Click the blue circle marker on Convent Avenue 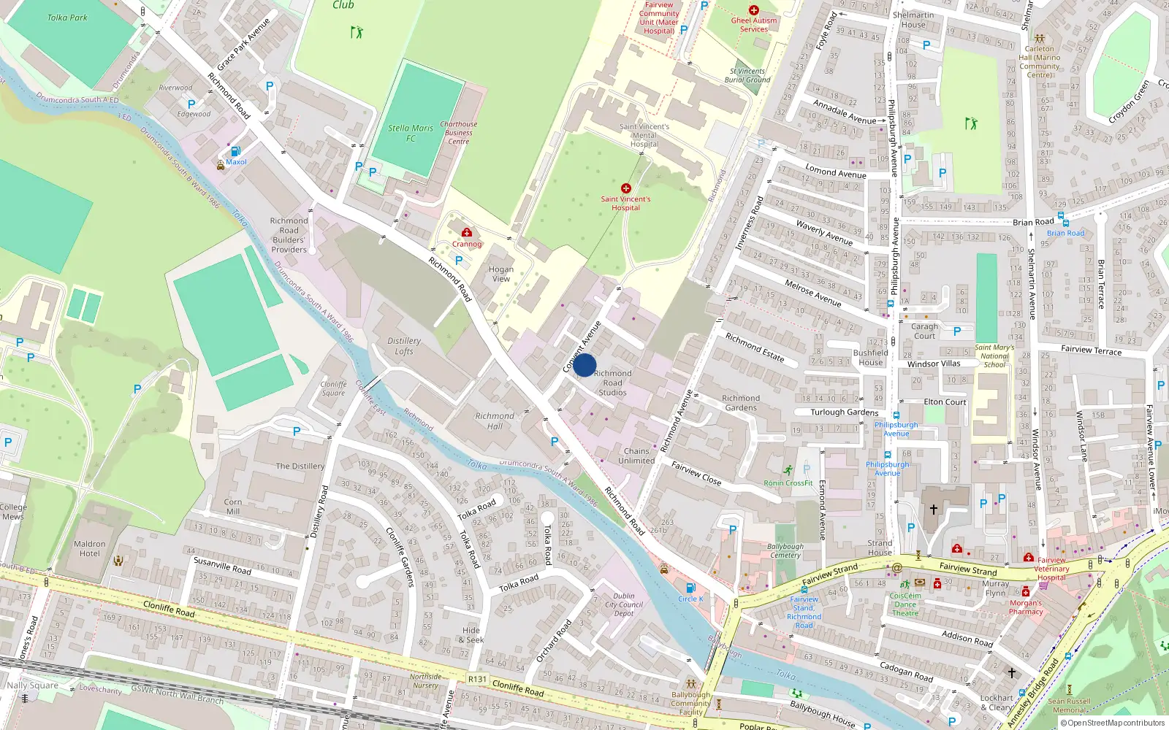(x=584, y=365)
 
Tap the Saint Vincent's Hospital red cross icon (x=625, y=188)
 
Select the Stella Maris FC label (x=410, y=133)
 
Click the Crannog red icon (x=467, y=233)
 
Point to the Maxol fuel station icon (x=235, y=151)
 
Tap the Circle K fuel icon (x=690, y=588)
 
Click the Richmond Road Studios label (x=612, y=383)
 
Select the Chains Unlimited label (x=636, y=456)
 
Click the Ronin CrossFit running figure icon (x=788, y=471)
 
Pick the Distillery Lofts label (x=404, y=346)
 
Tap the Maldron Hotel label (x=89, y=548)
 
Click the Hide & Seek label (x=471, y=635)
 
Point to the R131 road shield (x=477, y=679)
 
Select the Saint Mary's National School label (x=994, y=356)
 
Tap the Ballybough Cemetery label (x=785, y=550)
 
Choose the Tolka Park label (x=67, y=18)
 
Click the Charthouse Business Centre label (x=458, y=133)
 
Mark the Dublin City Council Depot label (x=624, y=604)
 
